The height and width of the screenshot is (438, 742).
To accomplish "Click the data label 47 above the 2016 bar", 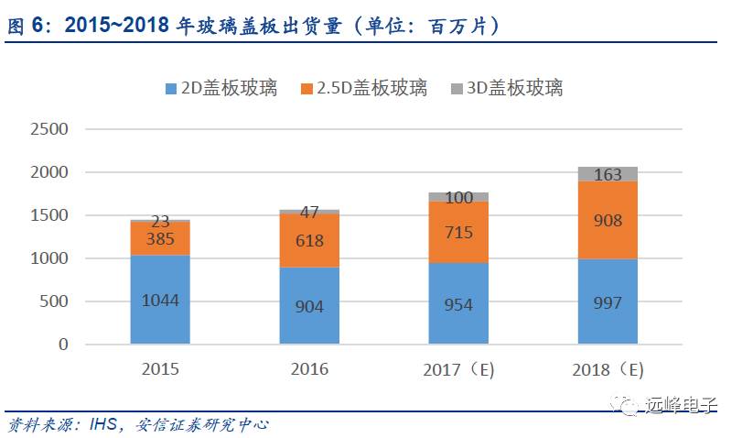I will coord(309,213).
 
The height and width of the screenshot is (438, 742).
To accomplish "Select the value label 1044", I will coord(160,300).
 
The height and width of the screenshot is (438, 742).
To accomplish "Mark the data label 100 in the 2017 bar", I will coord(458,197).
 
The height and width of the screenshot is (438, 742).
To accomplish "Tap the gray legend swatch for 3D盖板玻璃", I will coord(457,89).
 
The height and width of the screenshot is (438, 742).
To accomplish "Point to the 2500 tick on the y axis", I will coord(50,129).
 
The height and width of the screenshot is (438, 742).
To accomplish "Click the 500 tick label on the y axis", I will coord(57,301).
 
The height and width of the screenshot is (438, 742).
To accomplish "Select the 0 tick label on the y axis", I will coord(64,345).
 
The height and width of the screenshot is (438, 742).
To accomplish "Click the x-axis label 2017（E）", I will coord(459,370).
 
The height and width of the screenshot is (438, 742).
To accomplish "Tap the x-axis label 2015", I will coord(160,369).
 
